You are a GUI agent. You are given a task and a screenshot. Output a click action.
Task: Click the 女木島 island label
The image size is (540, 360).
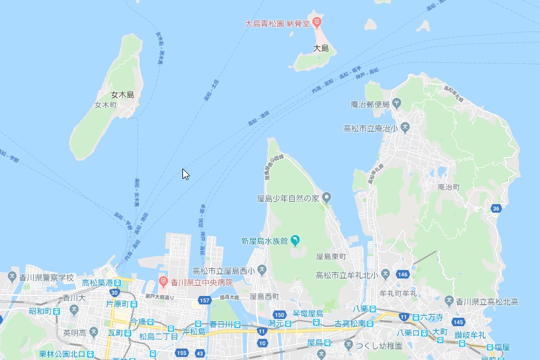click(x=123, y=95)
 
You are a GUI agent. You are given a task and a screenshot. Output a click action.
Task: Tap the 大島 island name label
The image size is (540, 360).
click(x=321, y=48)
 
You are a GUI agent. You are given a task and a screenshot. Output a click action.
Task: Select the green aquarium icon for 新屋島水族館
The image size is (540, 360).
click(x=295, y=240)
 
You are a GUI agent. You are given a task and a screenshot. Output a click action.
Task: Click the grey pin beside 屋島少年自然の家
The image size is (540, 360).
click(x=327, y=198)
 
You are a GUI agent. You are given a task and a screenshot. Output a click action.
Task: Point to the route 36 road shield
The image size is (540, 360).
click(x=496, y=208)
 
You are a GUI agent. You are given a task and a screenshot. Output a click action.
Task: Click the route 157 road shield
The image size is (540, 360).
click(x=204, y=300)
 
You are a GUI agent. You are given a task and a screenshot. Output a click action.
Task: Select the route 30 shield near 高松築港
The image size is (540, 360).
click(x=115, y=293)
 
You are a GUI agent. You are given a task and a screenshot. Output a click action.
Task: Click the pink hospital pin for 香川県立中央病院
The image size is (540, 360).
click(x=162, y=282)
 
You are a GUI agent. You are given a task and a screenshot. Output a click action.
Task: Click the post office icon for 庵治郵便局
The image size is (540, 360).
click(x=396, y=103)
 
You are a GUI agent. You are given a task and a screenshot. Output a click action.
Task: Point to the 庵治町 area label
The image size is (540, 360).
click(x=448, y=187)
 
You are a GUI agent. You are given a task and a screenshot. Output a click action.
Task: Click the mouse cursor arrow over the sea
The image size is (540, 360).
click(x=185, y=174)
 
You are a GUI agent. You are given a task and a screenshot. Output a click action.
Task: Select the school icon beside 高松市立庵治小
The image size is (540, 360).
click(x=405, y=127)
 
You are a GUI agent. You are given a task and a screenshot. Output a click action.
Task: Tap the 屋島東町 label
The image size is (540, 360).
click(x=331, y=257)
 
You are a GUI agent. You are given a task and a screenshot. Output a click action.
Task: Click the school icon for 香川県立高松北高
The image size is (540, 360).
click(x=449, y=301)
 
